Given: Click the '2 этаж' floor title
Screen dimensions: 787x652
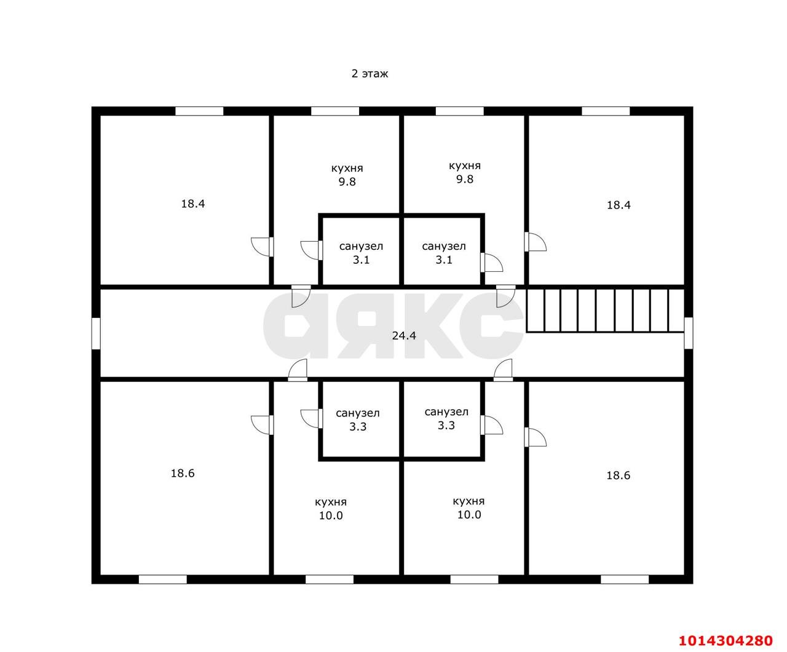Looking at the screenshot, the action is click(370, 74).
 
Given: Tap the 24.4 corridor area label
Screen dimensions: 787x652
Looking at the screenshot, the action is click(404, 335).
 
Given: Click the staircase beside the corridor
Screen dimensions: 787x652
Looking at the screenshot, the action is click(606, 311).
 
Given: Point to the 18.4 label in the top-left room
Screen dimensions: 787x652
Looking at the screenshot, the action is click(192, 204).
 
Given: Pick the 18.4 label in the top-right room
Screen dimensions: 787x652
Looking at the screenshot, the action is click(619, 205).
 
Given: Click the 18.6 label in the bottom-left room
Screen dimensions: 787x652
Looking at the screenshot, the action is click(183, 473).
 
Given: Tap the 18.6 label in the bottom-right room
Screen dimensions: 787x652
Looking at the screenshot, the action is click(618, 475).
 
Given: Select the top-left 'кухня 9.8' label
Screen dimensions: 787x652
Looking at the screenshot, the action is click(347, 175).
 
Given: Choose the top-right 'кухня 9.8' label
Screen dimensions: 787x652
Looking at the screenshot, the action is click(464, 172).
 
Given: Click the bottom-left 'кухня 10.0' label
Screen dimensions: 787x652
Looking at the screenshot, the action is click(331, 508).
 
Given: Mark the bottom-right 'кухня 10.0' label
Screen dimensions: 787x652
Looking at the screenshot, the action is click(469, 507).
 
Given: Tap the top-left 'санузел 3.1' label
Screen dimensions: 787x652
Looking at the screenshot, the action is click(361, 253).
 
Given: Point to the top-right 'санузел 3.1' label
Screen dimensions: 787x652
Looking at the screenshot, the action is click(444, 253).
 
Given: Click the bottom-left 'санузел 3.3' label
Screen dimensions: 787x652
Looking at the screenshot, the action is click(357, 419).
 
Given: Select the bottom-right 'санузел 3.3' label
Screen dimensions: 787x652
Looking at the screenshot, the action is click(446, 418).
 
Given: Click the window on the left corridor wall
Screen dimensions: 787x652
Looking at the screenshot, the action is click(96, 333).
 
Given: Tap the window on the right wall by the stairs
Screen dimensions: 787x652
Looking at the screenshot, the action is click(689, 333).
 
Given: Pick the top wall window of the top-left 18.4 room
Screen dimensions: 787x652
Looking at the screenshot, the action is click(199, 111).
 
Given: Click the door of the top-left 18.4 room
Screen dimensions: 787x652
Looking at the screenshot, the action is click(263, 247).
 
